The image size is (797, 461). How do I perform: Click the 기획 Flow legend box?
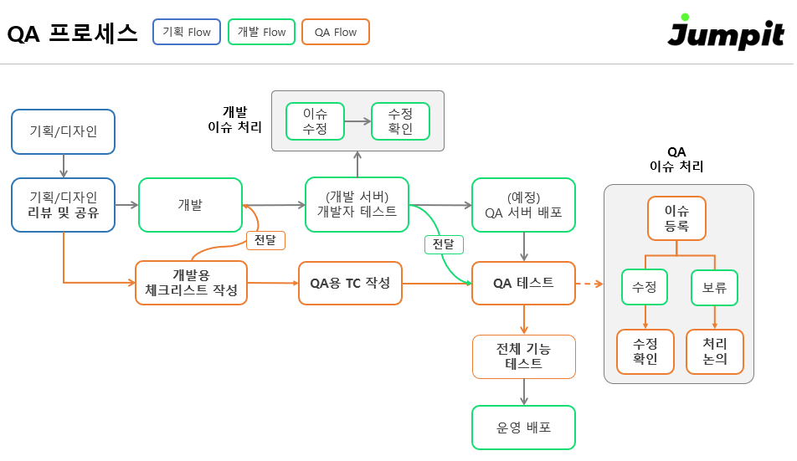coord(187,32)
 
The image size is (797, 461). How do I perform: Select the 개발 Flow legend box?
coord(261,32)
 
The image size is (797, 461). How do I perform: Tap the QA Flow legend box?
coord(335,32)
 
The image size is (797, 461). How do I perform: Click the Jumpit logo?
coord(726,33)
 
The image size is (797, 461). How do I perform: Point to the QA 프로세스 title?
coord(72,33)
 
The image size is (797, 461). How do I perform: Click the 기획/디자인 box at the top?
coord(64,131)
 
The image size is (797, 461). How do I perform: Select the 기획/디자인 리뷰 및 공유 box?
coord(64,204)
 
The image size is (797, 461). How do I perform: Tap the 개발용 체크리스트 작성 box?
coord(191,283)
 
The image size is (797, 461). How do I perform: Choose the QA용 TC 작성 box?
coord(350,283)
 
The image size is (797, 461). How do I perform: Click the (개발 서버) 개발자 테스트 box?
coord(357,204)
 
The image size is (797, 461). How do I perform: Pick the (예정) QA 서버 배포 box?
coord(523,204)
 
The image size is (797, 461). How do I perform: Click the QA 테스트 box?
coord(523,283)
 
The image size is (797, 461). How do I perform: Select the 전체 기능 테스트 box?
coord(523,356)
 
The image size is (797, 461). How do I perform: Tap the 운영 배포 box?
coord(523,428)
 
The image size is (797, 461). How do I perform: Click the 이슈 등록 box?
coord(676,218)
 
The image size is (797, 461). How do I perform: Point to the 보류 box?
coord(714,287)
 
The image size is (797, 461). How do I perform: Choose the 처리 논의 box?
coord(714,351)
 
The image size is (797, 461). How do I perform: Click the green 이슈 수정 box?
coord(315,121)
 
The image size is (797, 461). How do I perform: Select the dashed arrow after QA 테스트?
coord(590,284)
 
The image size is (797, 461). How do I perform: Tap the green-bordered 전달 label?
coord(444,243)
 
